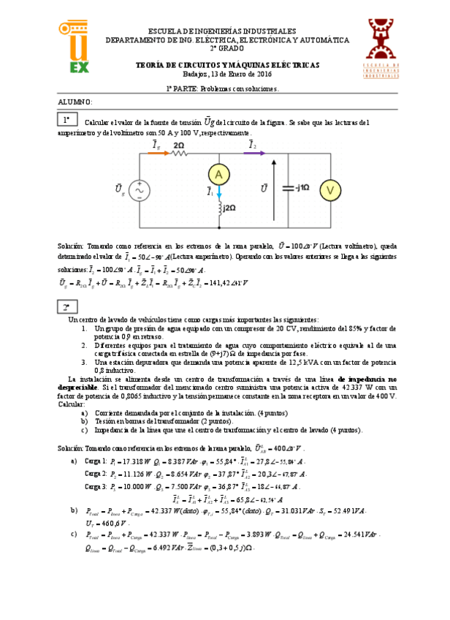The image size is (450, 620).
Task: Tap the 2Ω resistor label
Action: click(x=178, y=145)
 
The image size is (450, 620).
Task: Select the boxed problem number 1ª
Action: click(x=66, y=119)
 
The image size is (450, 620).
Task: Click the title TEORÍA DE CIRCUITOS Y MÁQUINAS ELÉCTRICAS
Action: click(x=228, y=65)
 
